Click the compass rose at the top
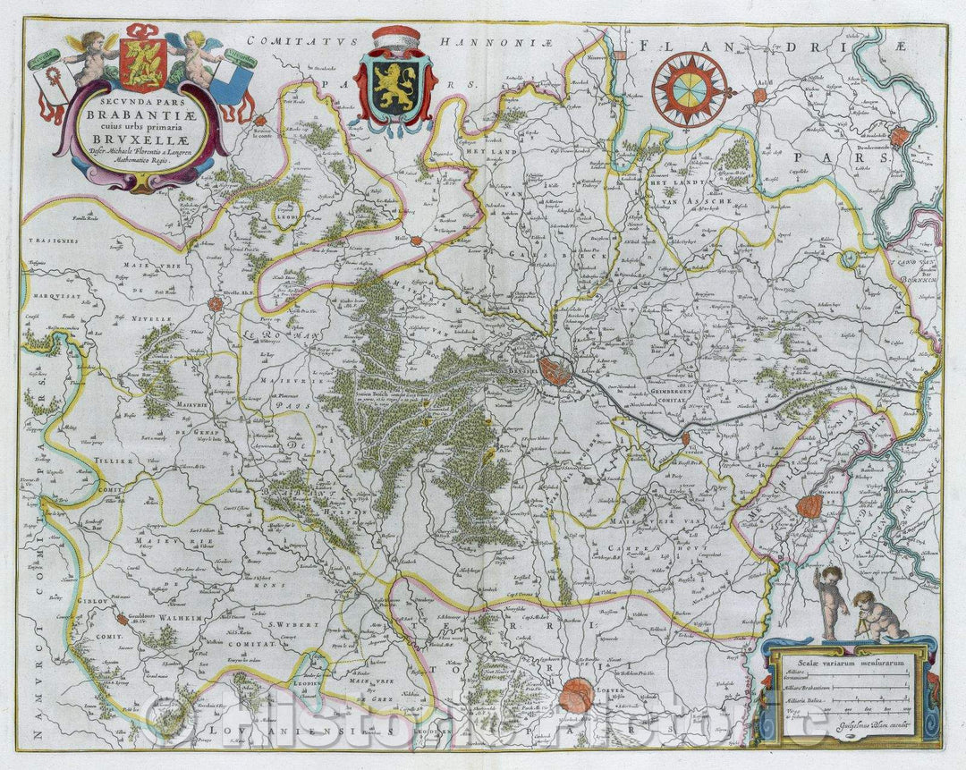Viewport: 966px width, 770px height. (x=689, y=89)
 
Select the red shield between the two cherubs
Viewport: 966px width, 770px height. (x=142, y=65)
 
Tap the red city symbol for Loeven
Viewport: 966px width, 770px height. (x=577, y=694)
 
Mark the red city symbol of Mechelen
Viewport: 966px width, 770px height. (x=809, y=507)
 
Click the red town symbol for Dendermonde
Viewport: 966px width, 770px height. (x=899, y=137)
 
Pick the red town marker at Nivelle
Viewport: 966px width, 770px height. (x=216, y=304)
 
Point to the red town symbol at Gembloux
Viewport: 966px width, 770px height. (x=122, y=619)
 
